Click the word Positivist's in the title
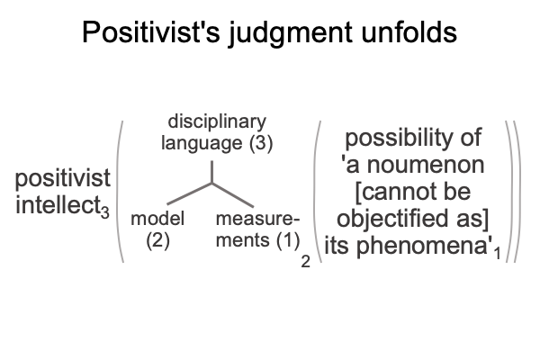[151, 31]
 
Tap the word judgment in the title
[291, 33]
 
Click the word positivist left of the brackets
[63, 178]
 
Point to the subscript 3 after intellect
[105, 211]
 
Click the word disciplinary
[217, 122]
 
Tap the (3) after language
[261, 143]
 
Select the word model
[157, 219]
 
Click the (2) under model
[157, 240]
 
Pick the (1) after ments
[288, 240]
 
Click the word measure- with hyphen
[257, 219]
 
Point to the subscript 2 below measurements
[305, 262]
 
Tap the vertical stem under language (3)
[211, 172]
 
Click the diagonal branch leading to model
[189, 194]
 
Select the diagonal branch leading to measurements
[233, 195]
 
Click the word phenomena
[422, 247]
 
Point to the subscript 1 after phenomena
[497, 254]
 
